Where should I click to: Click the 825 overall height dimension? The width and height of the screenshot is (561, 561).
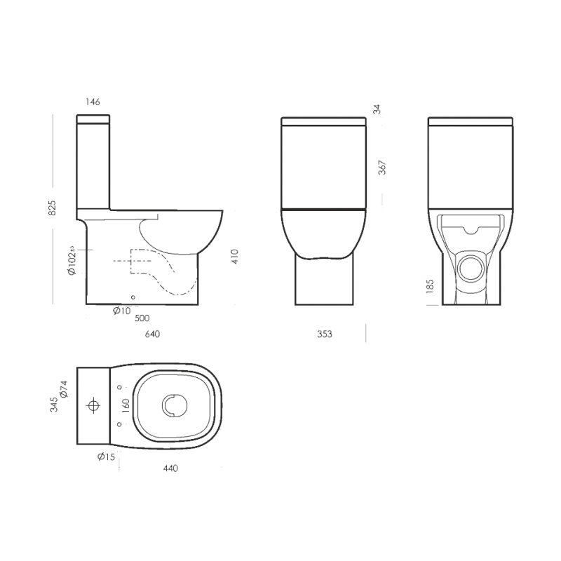pos(52,208)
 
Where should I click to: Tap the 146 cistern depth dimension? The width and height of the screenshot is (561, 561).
pos(93,102)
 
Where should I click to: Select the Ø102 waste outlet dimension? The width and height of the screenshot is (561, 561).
pos(72,260)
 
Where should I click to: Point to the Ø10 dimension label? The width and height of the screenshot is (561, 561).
pos(122,311)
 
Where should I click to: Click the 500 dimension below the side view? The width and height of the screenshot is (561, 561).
pos(142,318)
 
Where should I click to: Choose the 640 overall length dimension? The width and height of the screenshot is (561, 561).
pos(152,334)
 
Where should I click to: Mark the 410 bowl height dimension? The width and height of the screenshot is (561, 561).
pos(235,257)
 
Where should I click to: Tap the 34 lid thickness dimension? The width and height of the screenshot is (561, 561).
pos(377,109)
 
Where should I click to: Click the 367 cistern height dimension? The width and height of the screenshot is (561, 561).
pos(382,168)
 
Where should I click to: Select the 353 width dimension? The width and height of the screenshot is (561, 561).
pos(325,334)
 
